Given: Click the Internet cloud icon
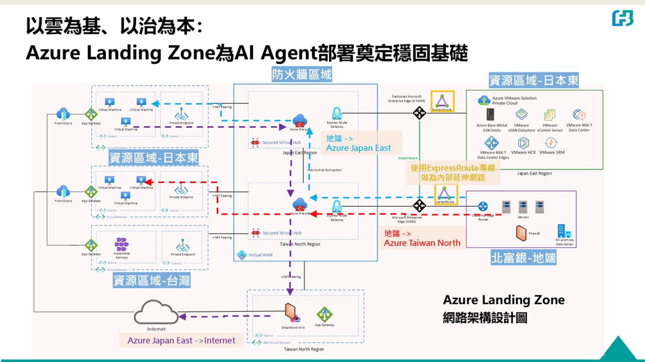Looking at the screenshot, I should pos(156,314).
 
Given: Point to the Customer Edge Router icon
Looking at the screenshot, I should pos(483,206).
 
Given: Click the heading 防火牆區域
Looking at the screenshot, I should pos(302,75).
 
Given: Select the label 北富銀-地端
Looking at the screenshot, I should pos(523,258).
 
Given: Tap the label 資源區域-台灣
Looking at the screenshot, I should pos(151,280).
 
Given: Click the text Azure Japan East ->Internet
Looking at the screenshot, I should pos(181,340).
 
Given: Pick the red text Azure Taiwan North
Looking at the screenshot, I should pos(422,243).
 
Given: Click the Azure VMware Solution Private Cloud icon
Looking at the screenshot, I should pos(484,100).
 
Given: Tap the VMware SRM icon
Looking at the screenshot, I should pos(551,143).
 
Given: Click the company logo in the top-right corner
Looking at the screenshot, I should pos(622,18).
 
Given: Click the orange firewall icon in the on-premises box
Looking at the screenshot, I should pos(520,232).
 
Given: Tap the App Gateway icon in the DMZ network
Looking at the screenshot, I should pos(325,314).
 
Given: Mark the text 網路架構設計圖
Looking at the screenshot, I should pos(485,317).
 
